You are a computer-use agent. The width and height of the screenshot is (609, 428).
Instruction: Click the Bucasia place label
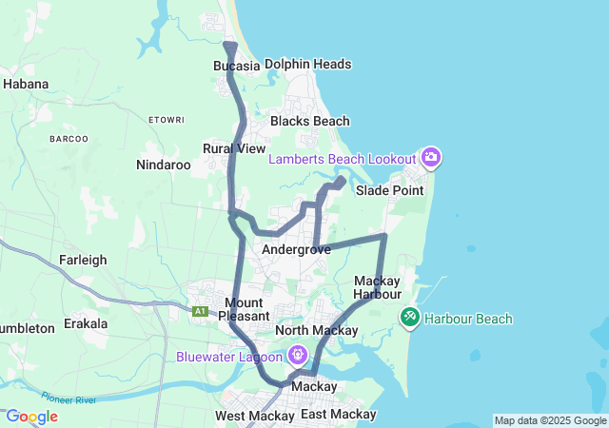(237, 66)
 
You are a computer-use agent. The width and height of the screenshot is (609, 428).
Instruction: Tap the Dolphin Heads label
(307, 65)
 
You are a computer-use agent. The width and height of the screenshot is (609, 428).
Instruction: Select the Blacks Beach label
(309, 122)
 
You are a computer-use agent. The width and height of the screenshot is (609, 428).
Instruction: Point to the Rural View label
(234, 148)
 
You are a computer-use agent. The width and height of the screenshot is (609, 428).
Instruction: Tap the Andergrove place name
(296, 249)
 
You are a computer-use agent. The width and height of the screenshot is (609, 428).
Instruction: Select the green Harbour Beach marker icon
(410, 318)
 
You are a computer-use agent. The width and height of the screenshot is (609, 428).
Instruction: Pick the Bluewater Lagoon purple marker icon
(298, 356)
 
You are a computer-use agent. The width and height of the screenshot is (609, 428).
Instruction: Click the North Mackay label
(316, 331)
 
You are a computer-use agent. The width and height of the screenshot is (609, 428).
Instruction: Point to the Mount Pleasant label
(244, 308)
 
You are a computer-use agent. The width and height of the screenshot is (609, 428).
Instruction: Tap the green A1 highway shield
(200, 311)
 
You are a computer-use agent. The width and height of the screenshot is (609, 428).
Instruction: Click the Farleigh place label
(83, 260)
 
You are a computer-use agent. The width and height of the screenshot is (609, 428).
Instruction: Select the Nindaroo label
(164, 165)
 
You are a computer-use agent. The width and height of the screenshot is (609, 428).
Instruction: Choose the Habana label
(26, 84)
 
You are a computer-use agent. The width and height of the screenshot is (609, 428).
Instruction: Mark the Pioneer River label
(68, 399)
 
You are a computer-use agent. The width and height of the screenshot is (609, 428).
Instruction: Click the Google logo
(31, 417)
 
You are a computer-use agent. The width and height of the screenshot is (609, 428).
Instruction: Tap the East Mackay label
(338, 415)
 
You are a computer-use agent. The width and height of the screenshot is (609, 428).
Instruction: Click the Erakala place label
(86, 323)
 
